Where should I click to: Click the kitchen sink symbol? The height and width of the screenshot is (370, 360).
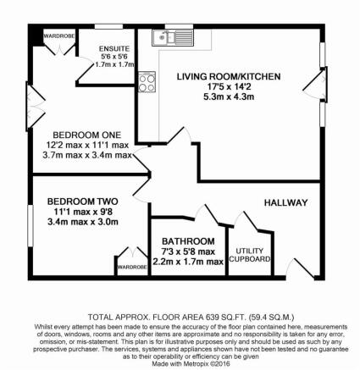[173, 37]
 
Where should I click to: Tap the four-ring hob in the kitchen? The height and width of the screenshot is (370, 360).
[147, 82]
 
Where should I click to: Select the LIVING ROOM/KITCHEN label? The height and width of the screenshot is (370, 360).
[229, 76]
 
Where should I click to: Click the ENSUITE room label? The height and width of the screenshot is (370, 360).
[114, 48]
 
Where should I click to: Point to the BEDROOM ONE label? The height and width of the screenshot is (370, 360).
[87, 135]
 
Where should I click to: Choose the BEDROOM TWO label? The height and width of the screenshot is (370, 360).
[83, 202]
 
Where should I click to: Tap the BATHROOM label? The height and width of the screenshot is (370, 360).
[188, 241]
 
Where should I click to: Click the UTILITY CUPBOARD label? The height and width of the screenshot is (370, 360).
[250, 255]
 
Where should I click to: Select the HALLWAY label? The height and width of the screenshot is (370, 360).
[285, 202]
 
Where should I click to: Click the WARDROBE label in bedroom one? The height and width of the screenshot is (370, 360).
[59, 36]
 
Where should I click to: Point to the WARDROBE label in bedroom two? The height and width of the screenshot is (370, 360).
[132, 267]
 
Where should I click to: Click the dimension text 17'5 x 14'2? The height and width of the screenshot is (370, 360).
[229, 87]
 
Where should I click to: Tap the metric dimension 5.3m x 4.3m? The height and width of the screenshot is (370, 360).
[229, 97]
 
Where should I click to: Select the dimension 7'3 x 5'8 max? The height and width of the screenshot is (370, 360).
[188, 251]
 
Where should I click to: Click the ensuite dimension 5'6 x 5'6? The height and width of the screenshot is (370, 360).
[114, 57]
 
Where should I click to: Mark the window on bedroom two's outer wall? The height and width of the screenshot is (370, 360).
[30, 226]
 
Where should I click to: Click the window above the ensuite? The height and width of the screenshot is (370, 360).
[108, 26]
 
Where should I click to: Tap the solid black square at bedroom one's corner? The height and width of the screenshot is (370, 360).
[36, 35]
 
